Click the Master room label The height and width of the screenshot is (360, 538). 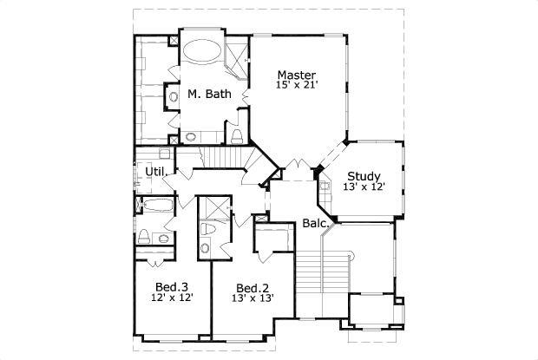[x=296, y=75]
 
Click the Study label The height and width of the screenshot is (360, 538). [x=364, y=176]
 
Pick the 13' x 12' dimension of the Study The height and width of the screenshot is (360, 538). [x=364, y=187]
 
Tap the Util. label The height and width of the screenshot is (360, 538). [x=155, y=172]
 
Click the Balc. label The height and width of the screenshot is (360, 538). [x=315, y=223]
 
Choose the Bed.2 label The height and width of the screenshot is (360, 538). [x=252, y=288]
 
